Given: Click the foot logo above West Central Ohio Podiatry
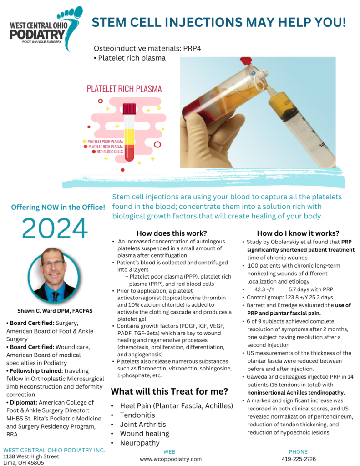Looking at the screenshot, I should click(68, 20).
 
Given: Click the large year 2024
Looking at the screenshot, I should click(55, 228).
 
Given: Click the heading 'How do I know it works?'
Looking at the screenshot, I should click(298, 233).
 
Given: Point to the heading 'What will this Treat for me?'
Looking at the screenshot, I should click(170, 391).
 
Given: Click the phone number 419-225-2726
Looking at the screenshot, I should click(299, 459).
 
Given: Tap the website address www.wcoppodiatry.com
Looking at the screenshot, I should click(171, 459).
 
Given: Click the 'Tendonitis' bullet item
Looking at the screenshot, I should click(137, 415).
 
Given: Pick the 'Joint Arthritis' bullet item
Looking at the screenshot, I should click(143, 424).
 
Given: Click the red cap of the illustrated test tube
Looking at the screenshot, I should click(129, 108).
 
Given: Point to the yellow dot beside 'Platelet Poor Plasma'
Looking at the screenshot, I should click(85, 142).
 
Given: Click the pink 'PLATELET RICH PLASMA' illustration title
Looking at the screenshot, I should click(124, 89).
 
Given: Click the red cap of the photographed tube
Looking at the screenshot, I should click(246, 61).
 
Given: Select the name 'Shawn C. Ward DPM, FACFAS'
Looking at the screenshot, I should click(55, 311).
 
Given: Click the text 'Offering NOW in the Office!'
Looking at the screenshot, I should click(58, 208).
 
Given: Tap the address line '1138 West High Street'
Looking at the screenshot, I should click(31, 456).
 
